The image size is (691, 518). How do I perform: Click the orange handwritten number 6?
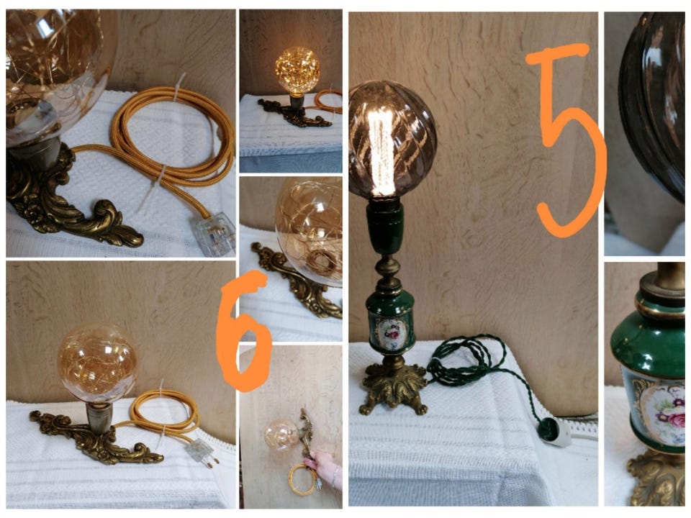243,331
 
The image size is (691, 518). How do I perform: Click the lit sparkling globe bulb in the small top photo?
298,71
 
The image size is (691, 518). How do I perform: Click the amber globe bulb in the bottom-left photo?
97,363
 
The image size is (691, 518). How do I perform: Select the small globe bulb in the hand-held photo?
281,435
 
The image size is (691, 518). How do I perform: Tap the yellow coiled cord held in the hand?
302,480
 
